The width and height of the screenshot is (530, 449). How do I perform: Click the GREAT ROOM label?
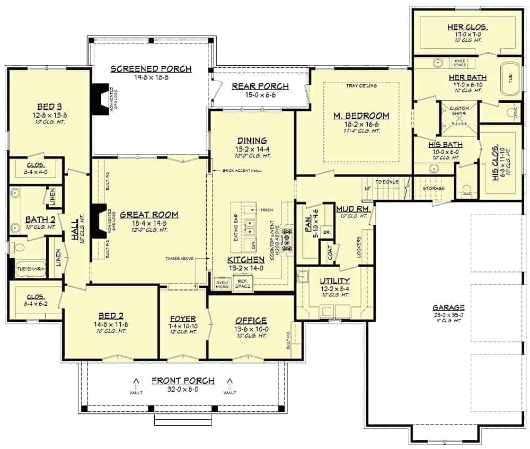coord(148,215)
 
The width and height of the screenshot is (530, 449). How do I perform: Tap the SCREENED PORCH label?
coord(151,69)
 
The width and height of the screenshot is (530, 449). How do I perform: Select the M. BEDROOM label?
coord(361,116)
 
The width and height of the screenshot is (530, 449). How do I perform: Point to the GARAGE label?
coord(448,307)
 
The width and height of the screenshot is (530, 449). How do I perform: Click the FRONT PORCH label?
coord(183,381)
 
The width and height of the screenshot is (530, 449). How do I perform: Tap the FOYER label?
coord(182,319)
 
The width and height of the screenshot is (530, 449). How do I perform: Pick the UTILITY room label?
coord(334,280)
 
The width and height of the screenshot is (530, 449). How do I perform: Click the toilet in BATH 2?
coord(20,248)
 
